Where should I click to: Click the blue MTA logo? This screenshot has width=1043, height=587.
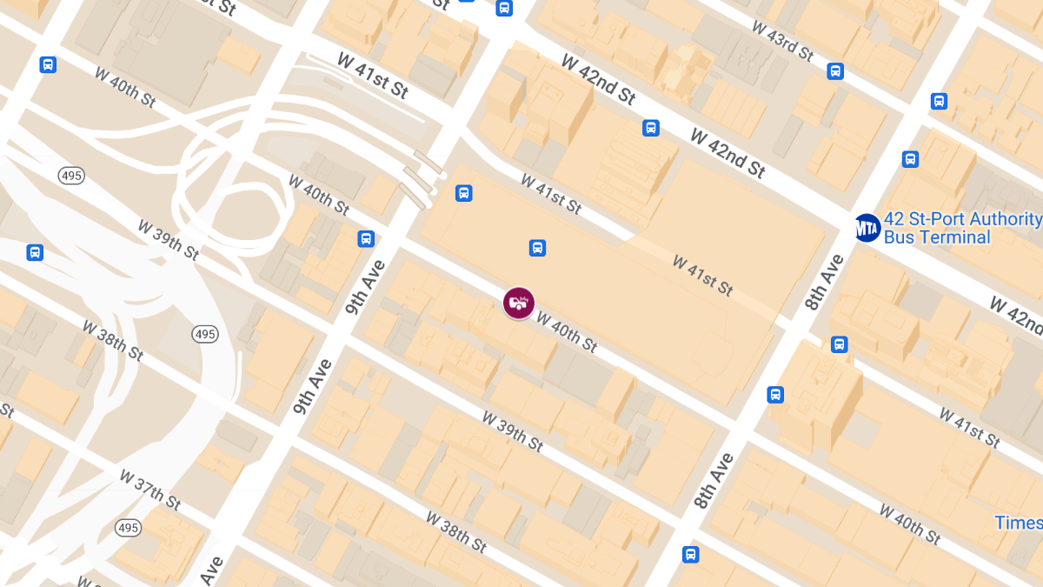point(867,228)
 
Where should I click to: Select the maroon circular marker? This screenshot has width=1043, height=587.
point(519,303)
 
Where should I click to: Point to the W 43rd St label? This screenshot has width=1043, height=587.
point(782,41)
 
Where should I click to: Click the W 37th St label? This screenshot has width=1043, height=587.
point(150,490)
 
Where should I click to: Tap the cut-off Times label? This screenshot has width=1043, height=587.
point(1019,523)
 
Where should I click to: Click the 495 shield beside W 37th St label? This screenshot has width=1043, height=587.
point(128,528)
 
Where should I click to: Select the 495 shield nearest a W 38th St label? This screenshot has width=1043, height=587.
point(205,334)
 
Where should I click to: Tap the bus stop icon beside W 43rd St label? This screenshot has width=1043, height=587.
point(835,71)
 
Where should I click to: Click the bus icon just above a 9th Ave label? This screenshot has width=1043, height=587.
point(366,238)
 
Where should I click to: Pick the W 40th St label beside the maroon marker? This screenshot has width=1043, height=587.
point(567,332)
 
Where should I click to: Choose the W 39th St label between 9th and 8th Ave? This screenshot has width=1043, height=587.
point(513,431)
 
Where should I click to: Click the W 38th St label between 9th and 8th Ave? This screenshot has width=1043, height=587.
point(456,531)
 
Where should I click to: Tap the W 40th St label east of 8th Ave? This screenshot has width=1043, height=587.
point(909,524)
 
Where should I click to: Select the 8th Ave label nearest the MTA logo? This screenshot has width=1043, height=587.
point(824,282)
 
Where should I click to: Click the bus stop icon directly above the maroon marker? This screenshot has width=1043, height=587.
point(537,248)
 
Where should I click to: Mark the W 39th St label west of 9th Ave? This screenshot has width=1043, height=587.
point(169,239)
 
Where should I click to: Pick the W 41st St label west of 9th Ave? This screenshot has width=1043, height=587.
point(372,76)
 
